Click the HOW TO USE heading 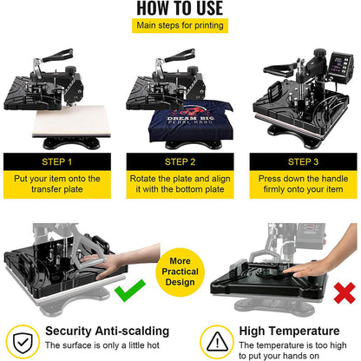click(x=180, y=8)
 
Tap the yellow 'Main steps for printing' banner click(x=180, y=25)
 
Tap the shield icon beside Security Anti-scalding click(x=21, y=338)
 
